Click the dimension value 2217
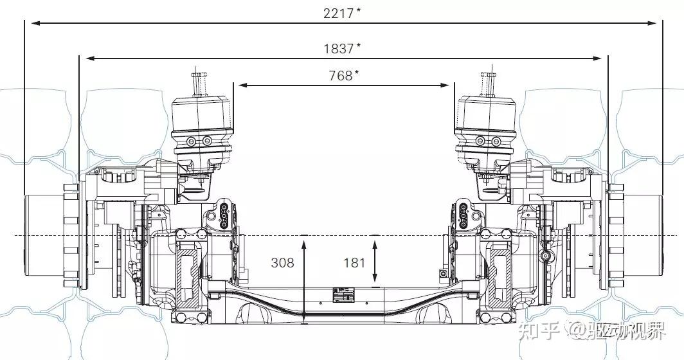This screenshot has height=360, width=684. point(339,13)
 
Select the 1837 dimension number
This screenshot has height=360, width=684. point(339,48)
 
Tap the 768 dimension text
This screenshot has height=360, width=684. point(340,76)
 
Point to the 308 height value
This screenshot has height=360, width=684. point(282,263)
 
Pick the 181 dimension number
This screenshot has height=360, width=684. point(354,263)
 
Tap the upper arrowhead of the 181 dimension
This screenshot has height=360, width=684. point(375,240)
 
